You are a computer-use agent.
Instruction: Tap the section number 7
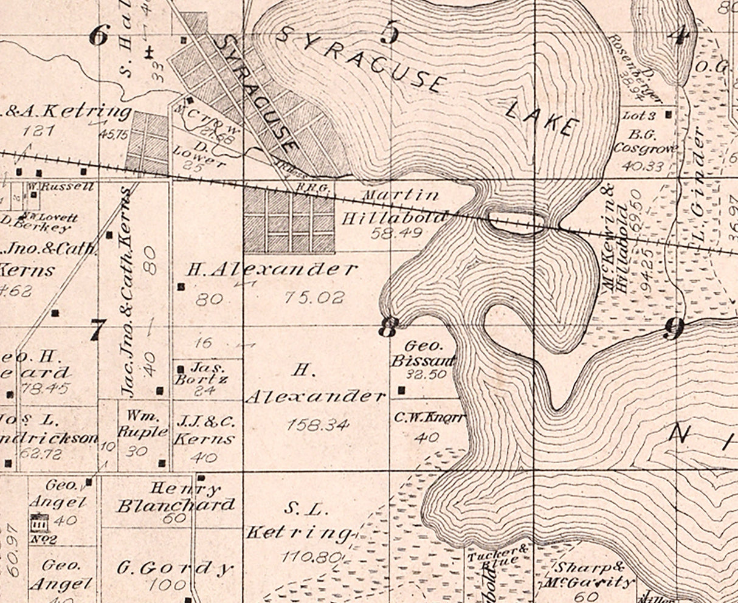coord(97,330)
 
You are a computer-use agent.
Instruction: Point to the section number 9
coord(673,328)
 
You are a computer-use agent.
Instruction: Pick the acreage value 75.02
coord(315,297)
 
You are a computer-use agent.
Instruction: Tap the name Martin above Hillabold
coord(401,196)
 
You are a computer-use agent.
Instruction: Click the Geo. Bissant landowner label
coord(423,353)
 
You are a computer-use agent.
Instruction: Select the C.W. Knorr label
coord(430,418)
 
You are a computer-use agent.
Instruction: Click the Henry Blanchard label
coord(176,497)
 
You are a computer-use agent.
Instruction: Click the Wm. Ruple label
coord(143,424)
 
